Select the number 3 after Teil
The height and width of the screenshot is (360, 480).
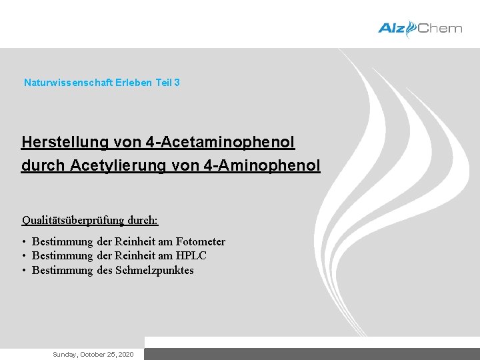click(x=177, y=83)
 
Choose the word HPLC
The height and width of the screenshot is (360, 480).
click(x=191, y=256)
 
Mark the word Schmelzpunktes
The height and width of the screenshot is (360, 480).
click(x=155, y=270)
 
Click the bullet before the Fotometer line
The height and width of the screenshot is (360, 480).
click(x=23, y=241)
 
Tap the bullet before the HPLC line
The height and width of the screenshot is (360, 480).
click(x=23, y=256)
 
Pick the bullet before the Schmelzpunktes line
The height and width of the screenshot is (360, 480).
click(x=23, y=270)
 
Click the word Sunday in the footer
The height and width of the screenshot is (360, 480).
click(x=65, y=354)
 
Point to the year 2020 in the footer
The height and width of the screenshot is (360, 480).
click(x=125, y=354)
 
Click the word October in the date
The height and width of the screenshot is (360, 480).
click(x=92, y=354)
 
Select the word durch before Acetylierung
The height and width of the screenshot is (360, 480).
click(x=43, y=165)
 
